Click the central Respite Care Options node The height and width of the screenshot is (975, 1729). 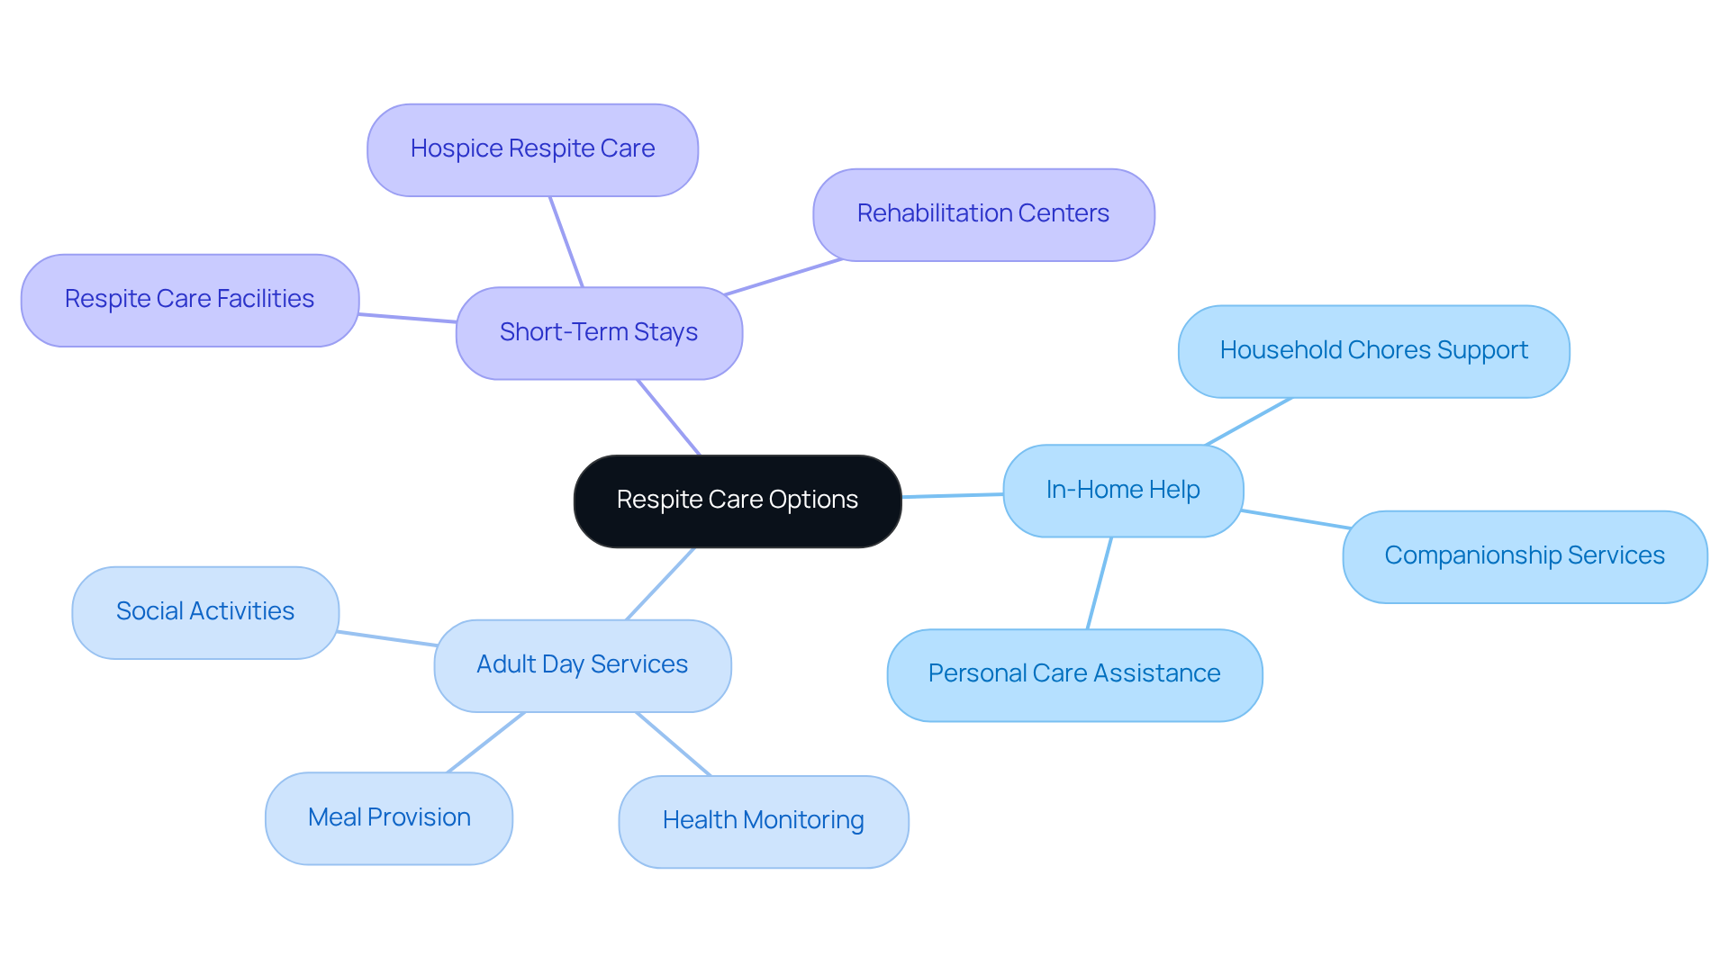click(x=738, y=501)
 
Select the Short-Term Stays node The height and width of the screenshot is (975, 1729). click(x=599, y=333)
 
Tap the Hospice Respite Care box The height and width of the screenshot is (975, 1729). click(x=532, y=149)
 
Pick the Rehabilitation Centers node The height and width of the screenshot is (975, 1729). click(x=983, y=214)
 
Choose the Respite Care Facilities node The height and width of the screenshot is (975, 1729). click(x=189, y=300)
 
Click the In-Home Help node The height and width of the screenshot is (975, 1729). click(x=1123, y=491)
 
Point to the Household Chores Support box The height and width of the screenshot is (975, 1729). click(x=1373, y=351)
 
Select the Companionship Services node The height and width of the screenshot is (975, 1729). click(x=1525, y=556)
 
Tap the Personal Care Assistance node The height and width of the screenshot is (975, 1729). click(x=1074, y=674)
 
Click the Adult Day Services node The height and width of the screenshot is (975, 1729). click(x=582, y=665)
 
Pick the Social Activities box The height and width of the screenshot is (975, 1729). click(x=205, y=612)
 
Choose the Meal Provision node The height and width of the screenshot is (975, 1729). click(x=389, y=818)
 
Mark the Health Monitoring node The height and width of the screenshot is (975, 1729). click(x=763, y=821)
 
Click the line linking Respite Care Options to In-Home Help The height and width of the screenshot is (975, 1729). click(x=953, y=495)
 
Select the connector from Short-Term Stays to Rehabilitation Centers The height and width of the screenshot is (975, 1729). click(x=783, y=277)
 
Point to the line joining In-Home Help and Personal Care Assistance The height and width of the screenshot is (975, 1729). click(x=1100, y=583)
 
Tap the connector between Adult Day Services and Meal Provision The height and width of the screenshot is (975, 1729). click(x=486, y=743)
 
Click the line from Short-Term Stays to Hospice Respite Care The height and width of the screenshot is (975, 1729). click(x=566, y=242)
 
